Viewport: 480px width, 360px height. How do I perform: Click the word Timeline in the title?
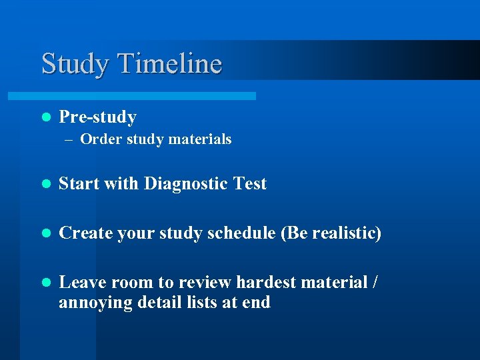(169, 64)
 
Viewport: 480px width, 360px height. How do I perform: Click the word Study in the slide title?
(75, 64)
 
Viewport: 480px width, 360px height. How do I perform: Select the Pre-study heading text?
(97, 117)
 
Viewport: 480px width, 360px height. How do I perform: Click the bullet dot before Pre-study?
(45, 117)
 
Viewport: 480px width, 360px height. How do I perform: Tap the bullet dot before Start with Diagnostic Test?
(45, 184)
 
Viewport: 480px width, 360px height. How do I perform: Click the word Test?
(250, 184)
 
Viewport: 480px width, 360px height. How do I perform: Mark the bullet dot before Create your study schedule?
(45, 234)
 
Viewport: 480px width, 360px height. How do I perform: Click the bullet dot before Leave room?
(45, 283)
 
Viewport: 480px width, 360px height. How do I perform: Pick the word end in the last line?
(256, 303)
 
